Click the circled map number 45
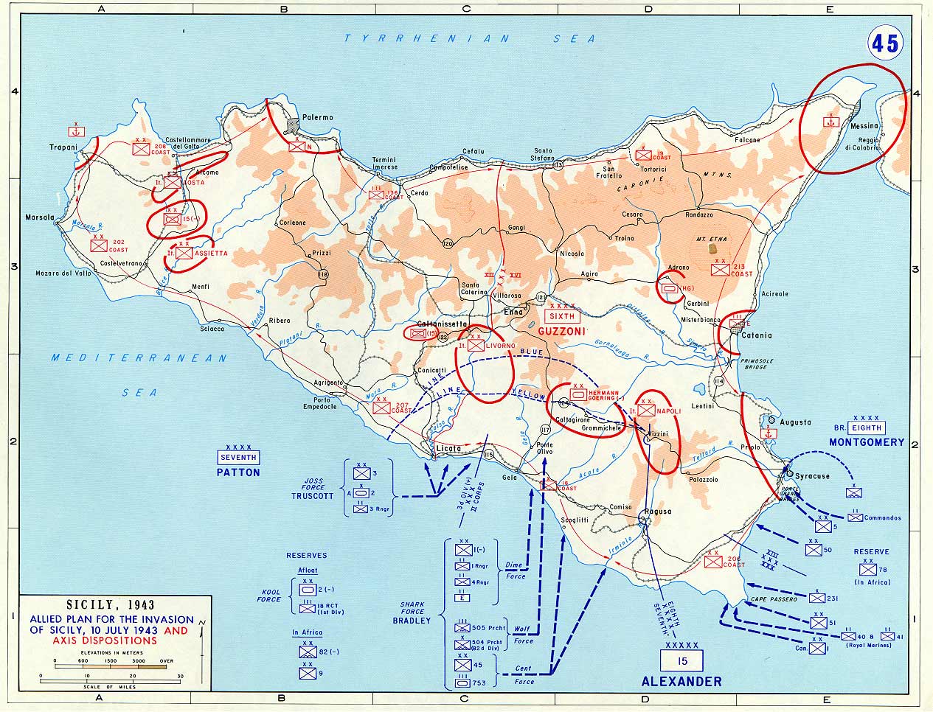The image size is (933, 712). (884, 43)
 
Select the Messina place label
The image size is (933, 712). (864, 126)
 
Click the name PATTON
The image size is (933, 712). (238, 472)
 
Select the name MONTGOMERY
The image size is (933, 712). (866, 442)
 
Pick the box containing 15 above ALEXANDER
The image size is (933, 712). (682, 660)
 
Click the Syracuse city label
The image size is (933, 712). (811, 475)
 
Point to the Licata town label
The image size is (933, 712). (448, 448)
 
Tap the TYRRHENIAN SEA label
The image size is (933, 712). (471, 38)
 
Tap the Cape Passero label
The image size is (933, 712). (774, 599)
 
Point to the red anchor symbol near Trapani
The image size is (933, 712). (74, 131)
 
